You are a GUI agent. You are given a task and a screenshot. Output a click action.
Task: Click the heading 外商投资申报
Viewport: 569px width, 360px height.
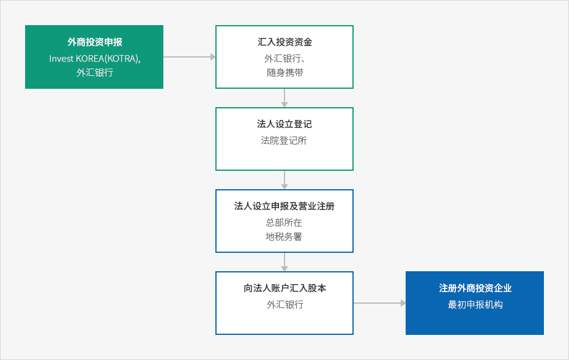click(x=95, y=42)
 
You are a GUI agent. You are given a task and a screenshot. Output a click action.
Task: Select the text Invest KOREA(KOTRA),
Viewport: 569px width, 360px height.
click(x=95, y=59)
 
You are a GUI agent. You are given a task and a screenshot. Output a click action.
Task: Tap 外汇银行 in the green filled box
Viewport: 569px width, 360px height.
click(x=95, y=73)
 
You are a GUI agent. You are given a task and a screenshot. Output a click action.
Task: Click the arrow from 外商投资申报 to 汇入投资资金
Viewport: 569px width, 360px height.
click(x=190, y=57)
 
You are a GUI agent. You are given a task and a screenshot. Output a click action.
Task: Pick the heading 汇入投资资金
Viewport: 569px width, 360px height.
click(x=285, y=42)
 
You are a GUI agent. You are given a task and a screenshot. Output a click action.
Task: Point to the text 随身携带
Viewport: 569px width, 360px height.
click(x=285, y=73)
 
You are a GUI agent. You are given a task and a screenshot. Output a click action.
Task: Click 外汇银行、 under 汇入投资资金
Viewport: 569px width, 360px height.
click(x=285, y=59)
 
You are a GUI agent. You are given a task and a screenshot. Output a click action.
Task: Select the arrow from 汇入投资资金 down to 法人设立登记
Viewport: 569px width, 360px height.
click(x=284, y=98)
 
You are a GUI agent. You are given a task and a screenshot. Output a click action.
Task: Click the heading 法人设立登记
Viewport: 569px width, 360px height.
click(x=284, y=124)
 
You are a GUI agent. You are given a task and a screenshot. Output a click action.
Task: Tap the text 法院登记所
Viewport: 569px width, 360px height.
click(x=284, y=141)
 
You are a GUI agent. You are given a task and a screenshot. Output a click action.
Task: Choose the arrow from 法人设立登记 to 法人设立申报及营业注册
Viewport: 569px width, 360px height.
click(x=284, y=180)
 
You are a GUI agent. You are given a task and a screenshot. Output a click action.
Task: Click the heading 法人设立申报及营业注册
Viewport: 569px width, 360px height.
click(x=284, y=206)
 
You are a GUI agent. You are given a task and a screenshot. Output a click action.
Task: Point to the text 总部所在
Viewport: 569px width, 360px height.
click(x=284, y=222)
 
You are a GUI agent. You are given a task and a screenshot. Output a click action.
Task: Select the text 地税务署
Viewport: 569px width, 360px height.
click(x=284, y=237)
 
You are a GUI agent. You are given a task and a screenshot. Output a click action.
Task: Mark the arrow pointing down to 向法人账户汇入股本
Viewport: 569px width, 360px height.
click(x=284, y=262)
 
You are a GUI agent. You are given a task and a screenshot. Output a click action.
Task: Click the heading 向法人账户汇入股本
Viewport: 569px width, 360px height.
click(x=285, y=288)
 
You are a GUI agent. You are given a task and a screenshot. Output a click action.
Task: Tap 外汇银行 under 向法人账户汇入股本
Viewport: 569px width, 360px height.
click(x=285, y=304)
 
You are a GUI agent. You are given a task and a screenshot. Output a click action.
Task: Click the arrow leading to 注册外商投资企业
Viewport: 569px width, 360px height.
click(x=379, y=303)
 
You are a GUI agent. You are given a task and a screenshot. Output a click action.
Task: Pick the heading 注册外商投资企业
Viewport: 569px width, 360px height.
click(x=475, y=288)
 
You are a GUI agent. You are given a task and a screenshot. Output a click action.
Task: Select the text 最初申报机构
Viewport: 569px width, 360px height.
click(x=475, y=304)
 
